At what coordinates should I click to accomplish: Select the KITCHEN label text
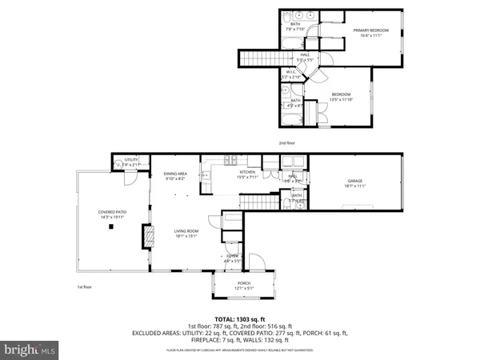[x=247, y=172]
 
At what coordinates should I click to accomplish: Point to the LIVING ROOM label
[x=186, y=231]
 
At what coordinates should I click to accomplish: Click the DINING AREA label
[x=175, y=174]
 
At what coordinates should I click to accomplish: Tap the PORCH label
[x=243, y=283]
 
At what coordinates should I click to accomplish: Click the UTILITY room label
[x=132, y=160]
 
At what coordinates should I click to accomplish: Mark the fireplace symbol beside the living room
[x=146, y=238]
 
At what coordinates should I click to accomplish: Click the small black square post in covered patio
[x=111, y=227]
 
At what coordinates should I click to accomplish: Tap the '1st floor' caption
[x=85, y=286]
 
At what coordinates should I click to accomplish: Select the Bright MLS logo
[x=30, y=350]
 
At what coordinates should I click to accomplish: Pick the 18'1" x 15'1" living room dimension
[x=186, y=236]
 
